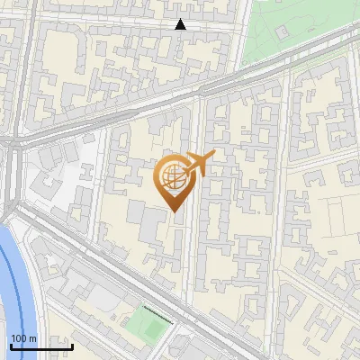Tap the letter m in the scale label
(x=32, y=338)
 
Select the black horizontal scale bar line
(x=40, y=346)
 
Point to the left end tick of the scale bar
(x=10, y=344)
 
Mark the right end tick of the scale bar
(x=72, y=344)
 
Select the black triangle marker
(x=181, y=24)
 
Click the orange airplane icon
(x=199, y=166)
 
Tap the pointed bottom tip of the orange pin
(x=172, y=211)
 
